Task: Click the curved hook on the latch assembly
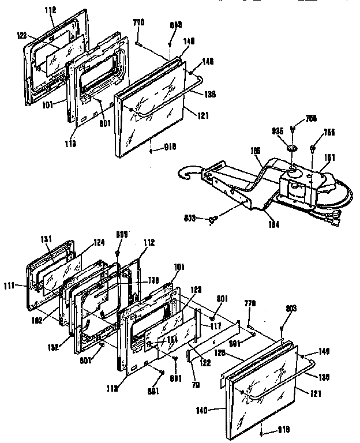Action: pos(189,173)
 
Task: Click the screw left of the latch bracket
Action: pos(212,219)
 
